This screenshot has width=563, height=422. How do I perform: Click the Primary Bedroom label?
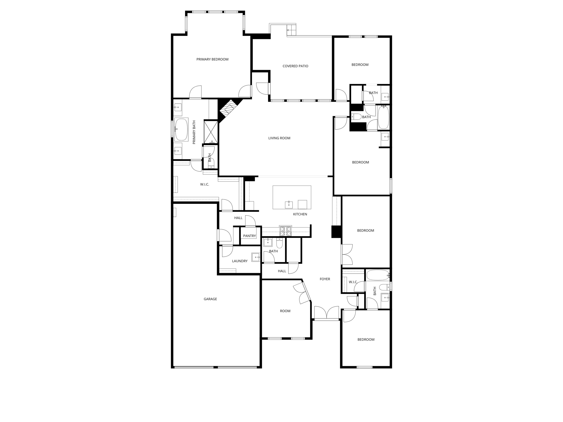tap(212, 59)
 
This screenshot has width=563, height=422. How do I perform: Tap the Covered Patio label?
tap(295, 66)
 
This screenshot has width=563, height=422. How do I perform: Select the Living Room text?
tap(279, 138)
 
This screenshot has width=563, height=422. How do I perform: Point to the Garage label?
tap(210, 299)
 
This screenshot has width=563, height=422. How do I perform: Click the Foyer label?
tap(325, 279)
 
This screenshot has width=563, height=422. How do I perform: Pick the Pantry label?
tap(249, 236)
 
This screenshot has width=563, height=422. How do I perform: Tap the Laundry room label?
tap(240, 261)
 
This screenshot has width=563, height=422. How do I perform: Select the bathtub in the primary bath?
tap(181, 129)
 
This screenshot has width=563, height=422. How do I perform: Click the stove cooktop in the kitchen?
tap(285, 231)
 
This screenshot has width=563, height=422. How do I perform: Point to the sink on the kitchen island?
tap(289, 205)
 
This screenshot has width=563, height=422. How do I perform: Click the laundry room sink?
tap(256, 257)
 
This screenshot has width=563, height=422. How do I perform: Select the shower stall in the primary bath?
tap(211, 132)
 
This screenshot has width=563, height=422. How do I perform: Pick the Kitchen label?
tap(300, 214)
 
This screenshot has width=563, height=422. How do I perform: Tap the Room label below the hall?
tap(285, 311)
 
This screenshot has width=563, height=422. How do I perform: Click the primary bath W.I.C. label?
tap(205, 185)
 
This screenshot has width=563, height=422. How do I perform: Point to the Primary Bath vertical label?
tap(194, 132)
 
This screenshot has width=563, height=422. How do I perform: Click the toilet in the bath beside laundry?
tap(279, 243)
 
